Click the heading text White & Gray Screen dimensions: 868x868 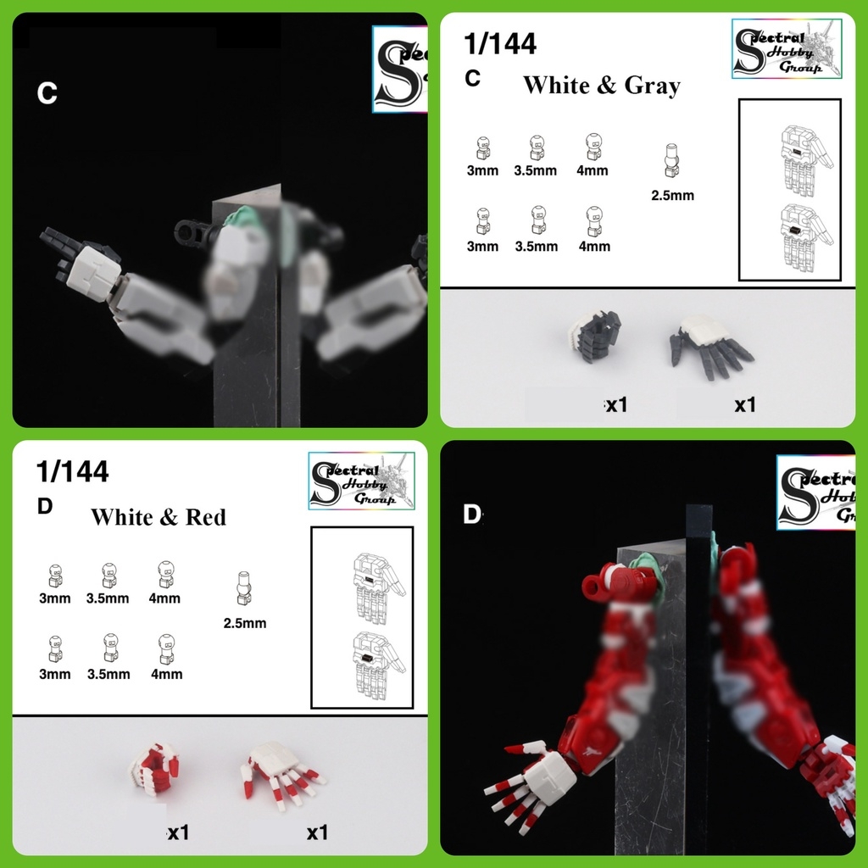coord(601,86)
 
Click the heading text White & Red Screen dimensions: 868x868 coord(159,517)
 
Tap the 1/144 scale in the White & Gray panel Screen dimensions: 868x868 coord(501,44)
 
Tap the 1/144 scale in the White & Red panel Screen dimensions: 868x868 coord(73,472)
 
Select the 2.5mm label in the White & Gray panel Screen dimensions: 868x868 coord(672,195)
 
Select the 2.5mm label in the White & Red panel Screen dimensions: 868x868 coord(245,623)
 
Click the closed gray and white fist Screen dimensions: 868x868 coord(596,335)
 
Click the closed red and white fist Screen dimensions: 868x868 coord(153,768)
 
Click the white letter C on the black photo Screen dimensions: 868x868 coord(47,93)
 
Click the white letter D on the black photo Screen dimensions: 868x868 coord(472,514)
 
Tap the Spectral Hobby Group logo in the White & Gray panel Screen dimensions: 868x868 coord(787,49)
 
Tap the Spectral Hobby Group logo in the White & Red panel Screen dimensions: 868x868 coord(362,480)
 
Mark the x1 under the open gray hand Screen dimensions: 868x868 coord(744,405)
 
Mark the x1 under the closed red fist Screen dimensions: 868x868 coord(178,833)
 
